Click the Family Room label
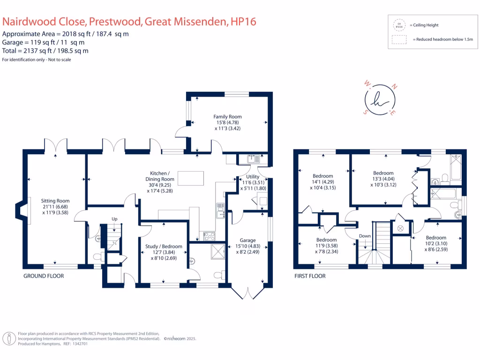(227, 117)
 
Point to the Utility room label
(253, 177)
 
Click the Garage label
(247, 240)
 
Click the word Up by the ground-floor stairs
(114, 219)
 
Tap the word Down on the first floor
(365, 236)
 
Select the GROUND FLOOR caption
(44, 276)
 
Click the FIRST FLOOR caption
(309, 276)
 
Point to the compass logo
(380, 100)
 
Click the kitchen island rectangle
(190, 179)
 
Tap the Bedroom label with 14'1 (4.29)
(323, 176)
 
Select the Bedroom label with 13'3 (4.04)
(383, 173)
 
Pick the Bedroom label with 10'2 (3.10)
(436, 238)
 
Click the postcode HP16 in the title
(243, 22)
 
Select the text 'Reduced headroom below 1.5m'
(443, 40)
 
